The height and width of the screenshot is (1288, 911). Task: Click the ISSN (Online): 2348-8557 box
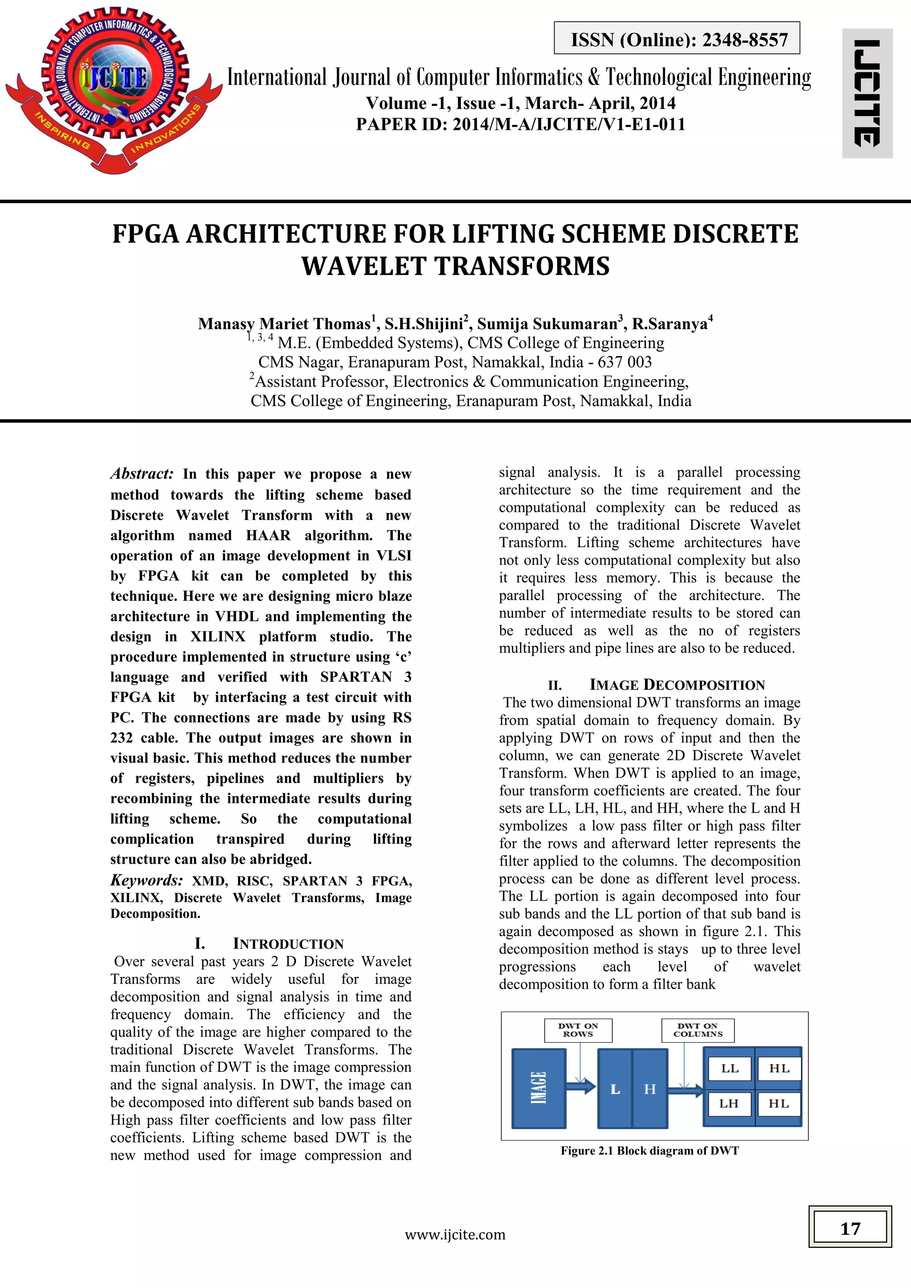pos(677,39)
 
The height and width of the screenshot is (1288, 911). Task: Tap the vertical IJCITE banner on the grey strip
pos(867,93)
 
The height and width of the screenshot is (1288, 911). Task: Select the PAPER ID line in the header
pos(520,124)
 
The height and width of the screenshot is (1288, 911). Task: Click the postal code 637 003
pos(625,362)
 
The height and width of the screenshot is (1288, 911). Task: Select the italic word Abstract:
pos(142,474)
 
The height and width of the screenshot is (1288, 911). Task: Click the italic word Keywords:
pos(146,880)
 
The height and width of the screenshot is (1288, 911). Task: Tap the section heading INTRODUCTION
pos(288,944)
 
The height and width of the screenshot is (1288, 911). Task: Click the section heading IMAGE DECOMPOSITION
pos(677,684)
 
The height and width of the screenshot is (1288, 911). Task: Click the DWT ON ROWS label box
pos(578,1030)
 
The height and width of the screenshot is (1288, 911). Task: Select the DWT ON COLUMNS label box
pos(697,1030)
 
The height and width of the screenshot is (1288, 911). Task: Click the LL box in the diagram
pos(729,1069)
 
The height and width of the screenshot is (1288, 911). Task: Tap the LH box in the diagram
pos(729,1103)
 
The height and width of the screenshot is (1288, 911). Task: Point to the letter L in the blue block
pos(615,1089)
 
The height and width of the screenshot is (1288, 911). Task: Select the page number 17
pos(850,1228)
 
